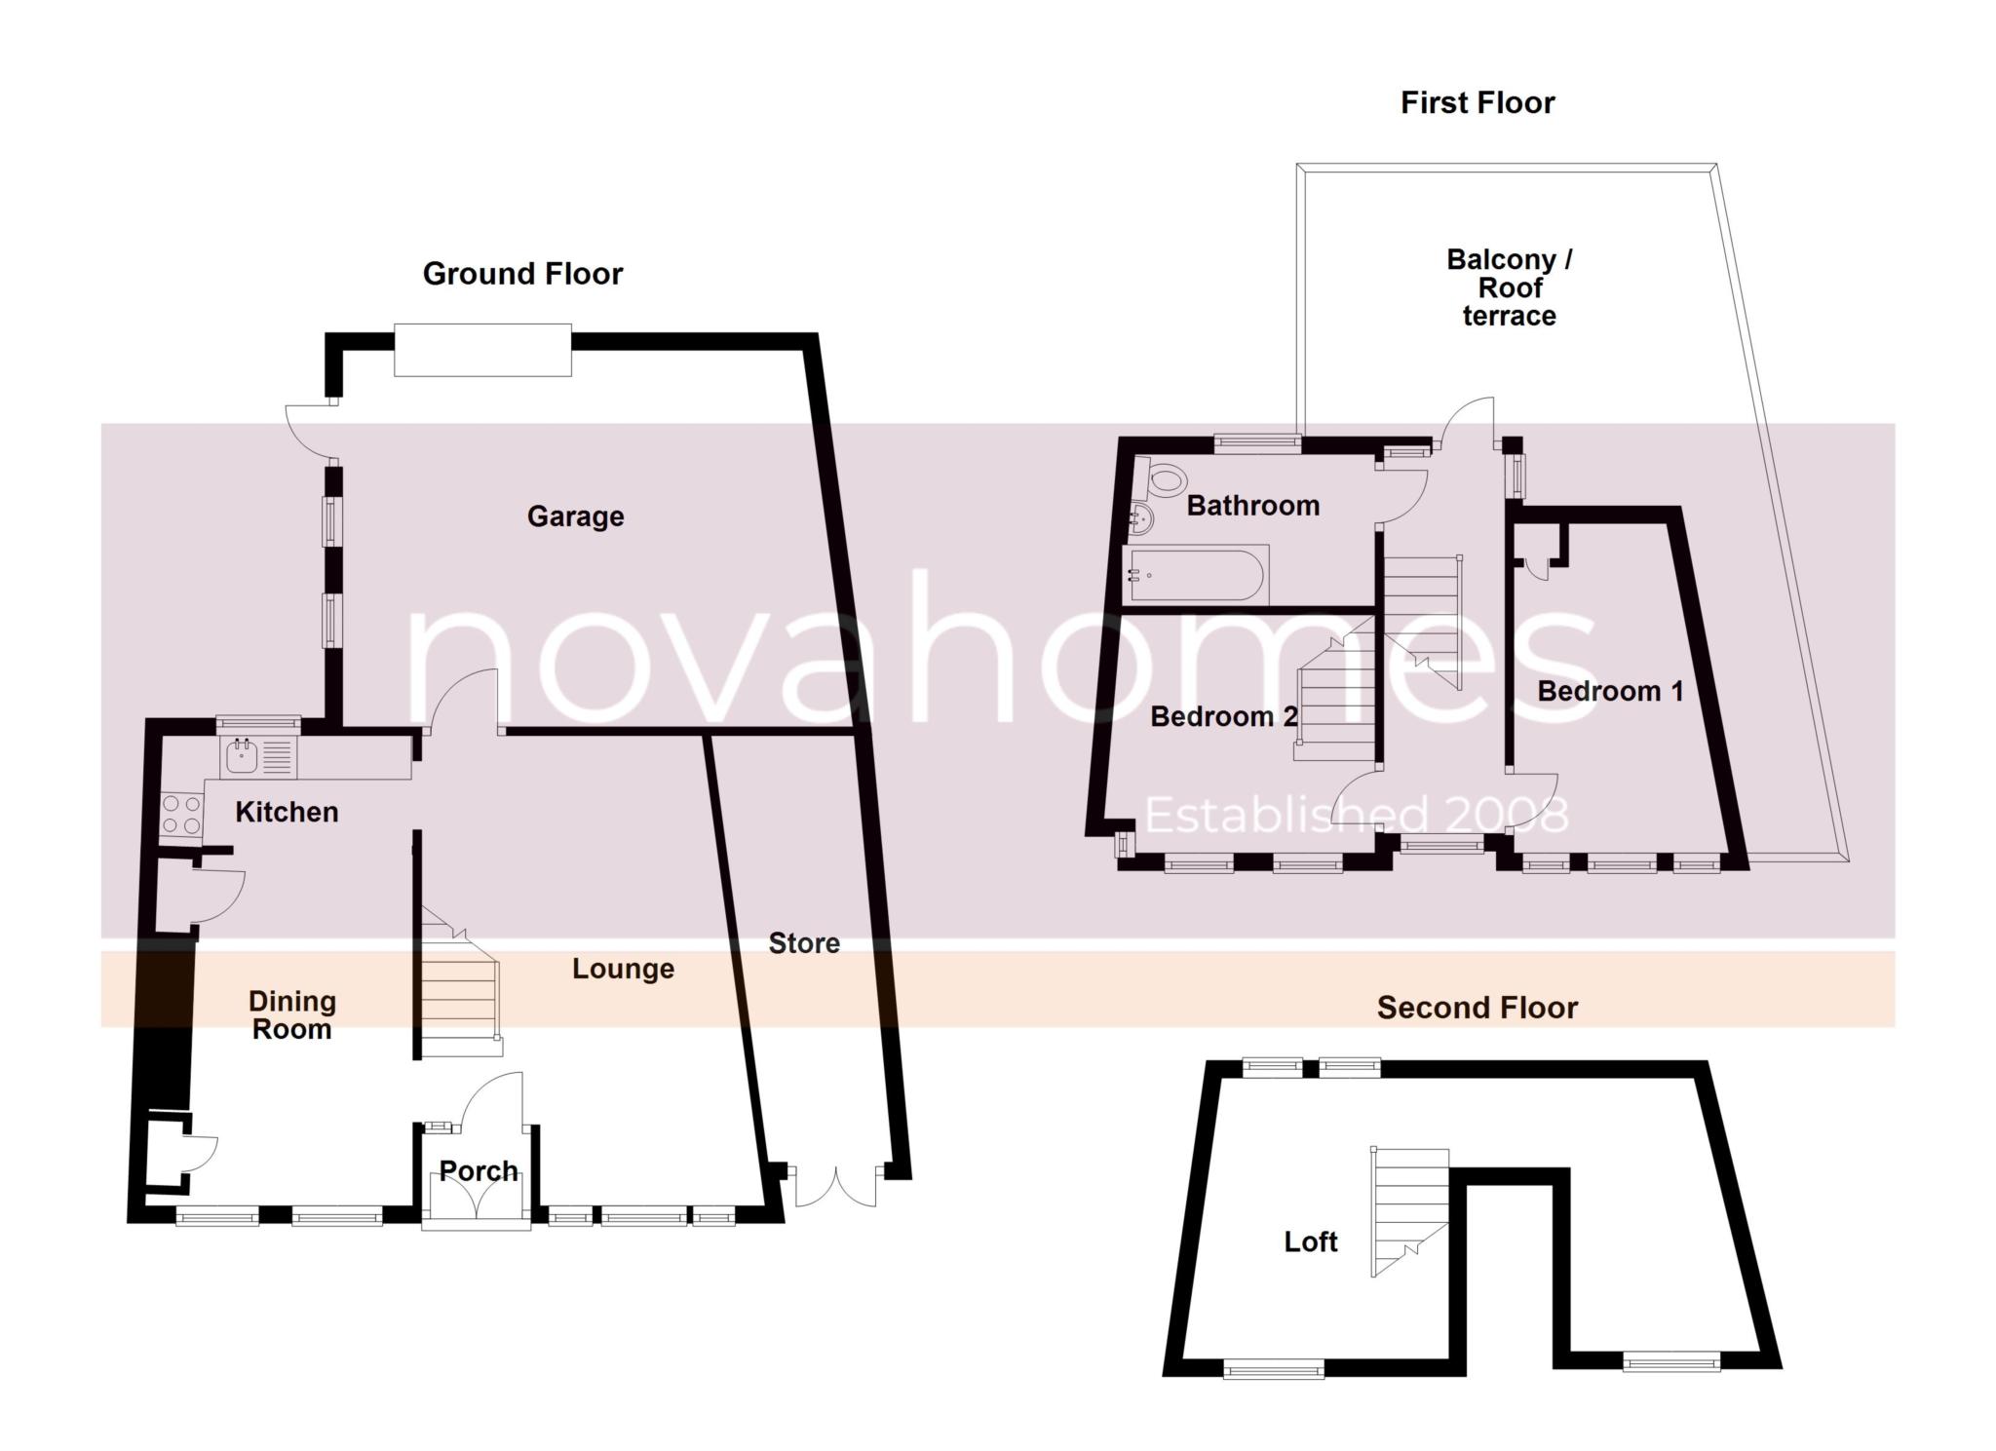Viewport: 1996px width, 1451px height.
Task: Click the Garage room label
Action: tap(575, 516)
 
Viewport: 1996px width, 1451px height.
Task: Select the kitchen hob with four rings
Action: tap(181, 815)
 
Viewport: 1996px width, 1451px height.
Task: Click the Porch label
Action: tap(478, 1171)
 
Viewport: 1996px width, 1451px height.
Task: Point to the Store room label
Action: tap(804, 943)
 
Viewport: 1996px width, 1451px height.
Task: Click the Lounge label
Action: tap(623, 969)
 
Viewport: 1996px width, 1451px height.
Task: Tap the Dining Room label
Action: tap(291, 1015)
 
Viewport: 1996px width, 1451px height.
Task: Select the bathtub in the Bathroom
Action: tap(1197, 575)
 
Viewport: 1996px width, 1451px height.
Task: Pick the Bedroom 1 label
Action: tap(1610, 692)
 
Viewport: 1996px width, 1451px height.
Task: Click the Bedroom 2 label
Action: tap(1224, 717)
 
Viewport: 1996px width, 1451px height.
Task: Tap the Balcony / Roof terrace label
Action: tap(1509, 288)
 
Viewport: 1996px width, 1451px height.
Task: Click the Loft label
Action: tap(1310, 1241)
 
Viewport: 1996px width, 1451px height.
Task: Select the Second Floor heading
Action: tap(1477, 1008)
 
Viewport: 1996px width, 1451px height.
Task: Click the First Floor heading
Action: tap(1477, 102)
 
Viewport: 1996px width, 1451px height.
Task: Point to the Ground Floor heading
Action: tap(522, 274)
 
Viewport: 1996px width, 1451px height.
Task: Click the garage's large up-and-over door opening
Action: tap(482, 351)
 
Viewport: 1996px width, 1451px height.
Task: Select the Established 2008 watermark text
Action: tap(1356, 816)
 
